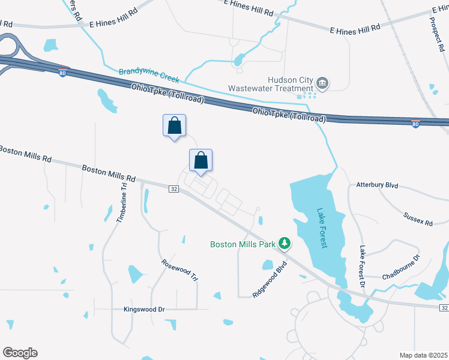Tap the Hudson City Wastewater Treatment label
point(271,84)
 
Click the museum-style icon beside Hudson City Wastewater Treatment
point(322,82)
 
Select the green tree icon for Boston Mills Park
point(285,244)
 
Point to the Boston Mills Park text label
point(243,244)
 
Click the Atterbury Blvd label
point(377,185)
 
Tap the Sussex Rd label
point(418,218)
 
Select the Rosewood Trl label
point(179,270)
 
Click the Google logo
point(20,353)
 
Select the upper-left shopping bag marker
point(174,127)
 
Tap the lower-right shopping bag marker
point(201,161)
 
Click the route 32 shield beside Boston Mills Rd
point(173,189)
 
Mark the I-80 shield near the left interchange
point(63,73)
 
